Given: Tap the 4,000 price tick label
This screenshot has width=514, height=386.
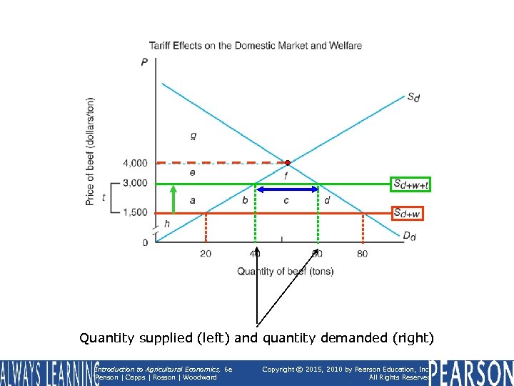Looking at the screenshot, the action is coord(134,163).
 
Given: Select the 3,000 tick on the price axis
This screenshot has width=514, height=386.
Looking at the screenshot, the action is coord(134,184).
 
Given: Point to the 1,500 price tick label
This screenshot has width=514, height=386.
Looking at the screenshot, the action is coord(134,213).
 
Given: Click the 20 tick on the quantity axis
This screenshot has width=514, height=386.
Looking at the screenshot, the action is coord(206,254).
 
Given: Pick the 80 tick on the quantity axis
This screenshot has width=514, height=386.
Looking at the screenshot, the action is coord(363,254).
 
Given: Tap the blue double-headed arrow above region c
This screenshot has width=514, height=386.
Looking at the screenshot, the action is coord(287,189).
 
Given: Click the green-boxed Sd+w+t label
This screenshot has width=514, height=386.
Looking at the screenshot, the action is coord(410,184).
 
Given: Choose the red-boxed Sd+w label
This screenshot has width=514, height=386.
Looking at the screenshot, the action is coord(407,213).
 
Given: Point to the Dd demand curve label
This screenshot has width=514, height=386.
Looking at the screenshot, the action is coord(408,237).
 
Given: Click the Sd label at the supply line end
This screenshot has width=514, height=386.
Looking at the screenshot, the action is coord(413,96).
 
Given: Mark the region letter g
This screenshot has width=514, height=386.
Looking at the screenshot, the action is coord(193,134).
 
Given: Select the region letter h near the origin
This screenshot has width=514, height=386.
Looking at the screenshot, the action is coord(167,224).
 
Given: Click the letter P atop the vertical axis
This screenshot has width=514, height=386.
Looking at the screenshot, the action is coord(145,62).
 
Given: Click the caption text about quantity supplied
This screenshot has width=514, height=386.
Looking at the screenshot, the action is coord(257,337).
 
